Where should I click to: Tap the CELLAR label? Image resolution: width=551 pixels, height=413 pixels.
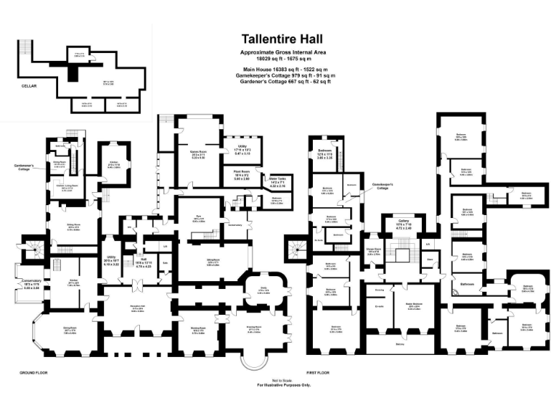point(29,85)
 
